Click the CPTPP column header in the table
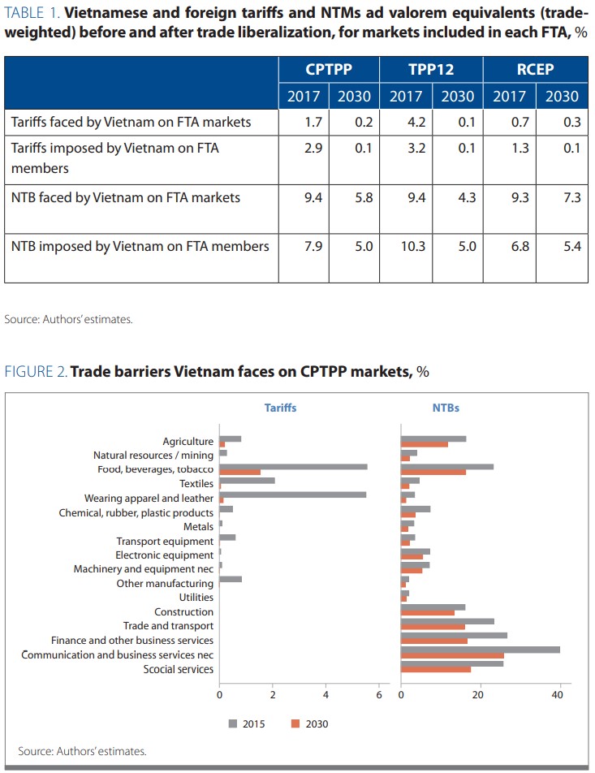pos(329,69)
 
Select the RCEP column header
pos(535,69)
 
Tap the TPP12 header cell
pos(432,69)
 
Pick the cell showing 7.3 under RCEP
pos(562,197)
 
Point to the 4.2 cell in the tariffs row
pos(406,123)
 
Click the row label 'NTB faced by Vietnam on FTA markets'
pos(126,197)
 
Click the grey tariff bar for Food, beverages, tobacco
pos(293,467)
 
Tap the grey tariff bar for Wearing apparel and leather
pos(292,494)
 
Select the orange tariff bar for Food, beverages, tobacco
pos(240,473)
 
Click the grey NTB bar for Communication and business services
pos(481,650)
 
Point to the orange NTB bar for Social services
pos(436,669)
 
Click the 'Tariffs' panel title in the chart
pos(280,408)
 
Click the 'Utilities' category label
pos(196,598)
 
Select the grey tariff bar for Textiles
pos(248,481)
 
